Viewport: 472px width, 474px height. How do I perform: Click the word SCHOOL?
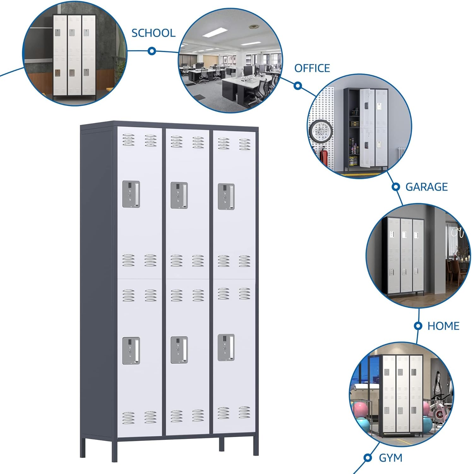point(153,33)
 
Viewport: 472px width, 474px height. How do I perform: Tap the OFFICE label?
point(312,68)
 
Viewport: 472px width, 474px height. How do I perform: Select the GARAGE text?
point(426,187)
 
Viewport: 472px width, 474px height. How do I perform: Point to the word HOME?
point(443,326)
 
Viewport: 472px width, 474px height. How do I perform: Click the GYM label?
point(391,458)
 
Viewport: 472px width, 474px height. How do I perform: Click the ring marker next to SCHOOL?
point(152,51)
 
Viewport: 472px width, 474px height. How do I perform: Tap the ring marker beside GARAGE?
point(396,187)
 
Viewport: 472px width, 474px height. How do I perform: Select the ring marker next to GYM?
point(367,457)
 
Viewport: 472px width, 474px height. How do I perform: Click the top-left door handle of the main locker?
point(131,194)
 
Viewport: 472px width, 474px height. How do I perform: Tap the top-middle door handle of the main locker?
point(179,195)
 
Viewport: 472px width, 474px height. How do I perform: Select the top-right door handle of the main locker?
point(226,197)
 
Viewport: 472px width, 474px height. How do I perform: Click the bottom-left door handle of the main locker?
point(131,351)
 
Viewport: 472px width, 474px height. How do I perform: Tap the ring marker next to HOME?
point(418,326)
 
